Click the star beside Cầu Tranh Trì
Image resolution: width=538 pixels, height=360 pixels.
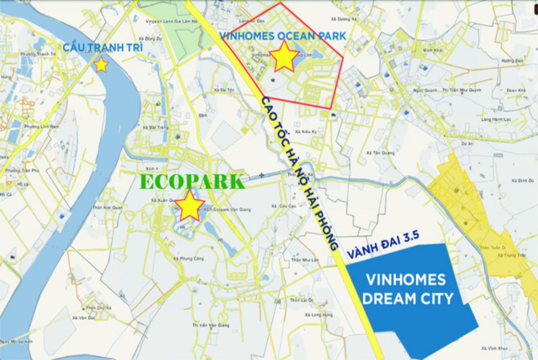tap(101, 65)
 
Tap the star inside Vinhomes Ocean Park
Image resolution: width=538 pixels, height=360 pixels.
tap(284, 56)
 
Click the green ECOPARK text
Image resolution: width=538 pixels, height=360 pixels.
tap(192, 182)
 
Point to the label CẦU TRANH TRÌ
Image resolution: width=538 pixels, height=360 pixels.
tap(103, 47)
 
